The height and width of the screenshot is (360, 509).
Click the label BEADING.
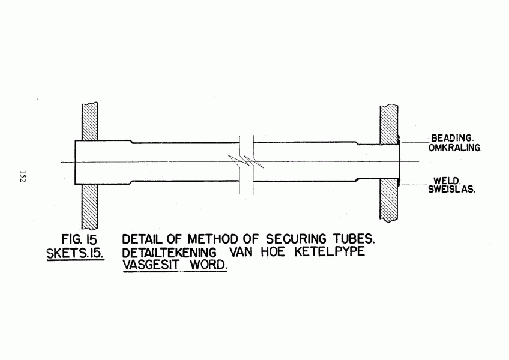coord(451,138)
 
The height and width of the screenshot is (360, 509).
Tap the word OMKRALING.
coord(455,148)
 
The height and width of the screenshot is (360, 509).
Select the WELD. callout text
coord(447,181)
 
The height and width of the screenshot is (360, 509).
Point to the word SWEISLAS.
coord(451,189)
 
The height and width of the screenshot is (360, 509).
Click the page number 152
coord(22,176)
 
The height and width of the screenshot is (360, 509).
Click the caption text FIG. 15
coord(79,239)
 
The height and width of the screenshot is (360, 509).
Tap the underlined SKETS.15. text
coord(75,254)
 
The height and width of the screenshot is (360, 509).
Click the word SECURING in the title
coord(296,239)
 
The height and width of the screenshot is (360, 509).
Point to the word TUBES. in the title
coord(354,239)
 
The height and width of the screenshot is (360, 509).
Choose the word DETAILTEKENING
coord(169,253)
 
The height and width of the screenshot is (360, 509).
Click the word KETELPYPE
coord(330,251)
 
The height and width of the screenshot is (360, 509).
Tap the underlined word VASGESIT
coord(151,265)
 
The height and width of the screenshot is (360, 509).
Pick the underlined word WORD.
coord(208,265)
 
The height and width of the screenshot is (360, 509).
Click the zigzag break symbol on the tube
coord(246,161)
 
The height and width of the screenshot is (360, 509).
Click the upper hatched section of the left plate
coord(89,121)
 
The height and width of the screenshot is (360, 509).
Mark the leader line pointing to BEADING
coord(415,143)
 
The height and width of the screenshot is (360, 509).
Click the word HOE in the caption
coord(273,251)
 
